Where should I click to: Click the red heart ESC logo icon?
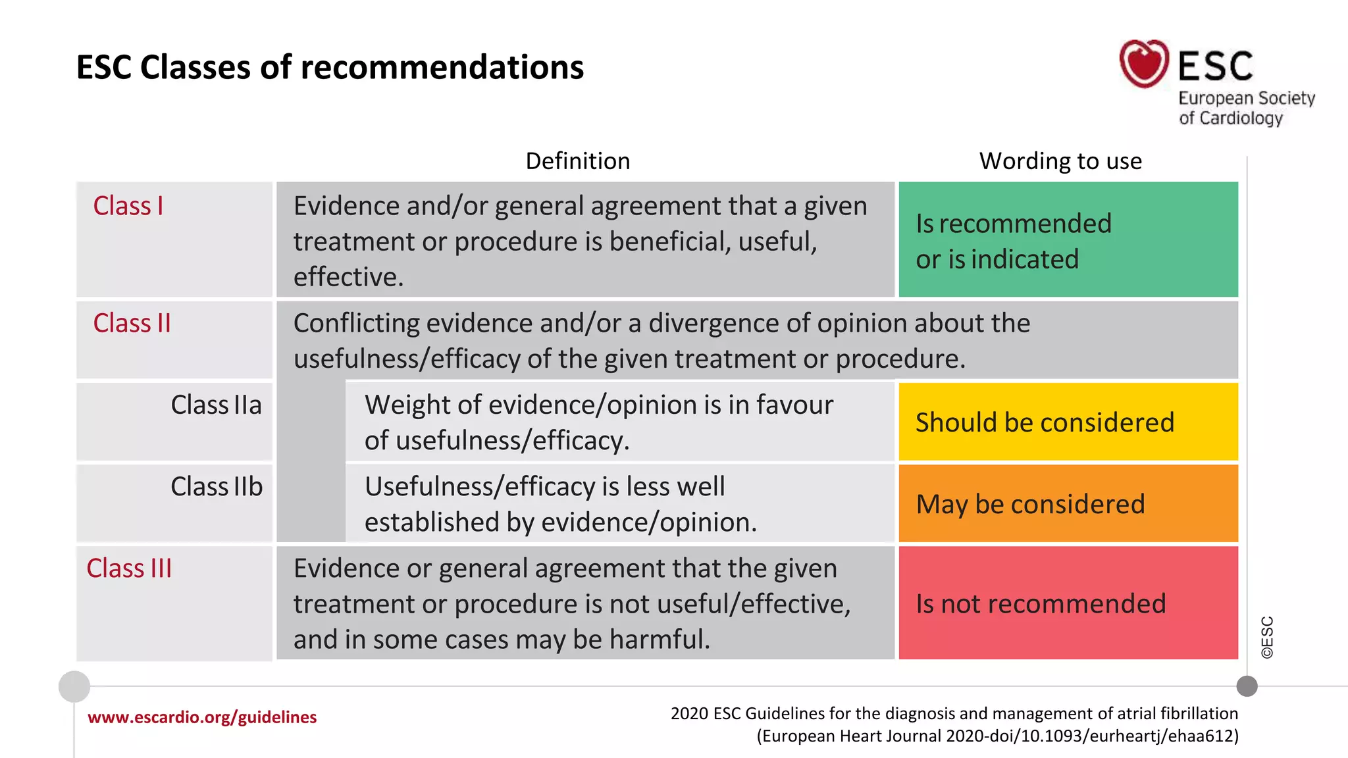pos(1144,64)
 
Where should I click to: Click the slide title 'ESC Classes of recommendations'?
pos(330,67)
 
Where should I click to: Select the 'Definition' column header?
pos(577,161)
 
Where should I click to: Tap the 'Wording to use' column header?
pos(1060,161)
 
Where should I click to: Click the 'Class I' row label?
pos(128,206)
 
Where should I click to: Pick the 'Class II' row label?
pos(132,323)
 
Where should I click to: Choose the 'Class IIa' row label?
pos(216,405)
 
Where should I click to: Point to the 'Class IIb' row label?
pos(217,486)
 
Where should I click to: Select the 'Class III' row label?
pos(129,568)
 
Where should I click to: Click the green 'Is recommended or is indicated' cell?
pos(1068,240)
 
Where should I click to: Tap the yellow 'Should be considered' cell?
pos(1068,422)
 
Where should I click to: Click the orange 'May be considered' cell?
pos(1068,503)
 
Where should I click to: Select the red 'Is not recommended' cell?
pos(1068,603)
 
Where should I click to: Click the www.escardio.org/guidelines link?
pos(202,717)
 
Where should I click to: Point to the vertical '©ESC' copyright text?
pos(1267,637)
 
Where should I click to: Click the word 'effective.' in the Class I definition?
pos(348,277)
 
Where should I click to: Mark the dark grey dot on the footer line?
pos(1247,686)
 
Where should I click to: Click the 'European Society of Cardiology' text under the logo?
pos(1246,108)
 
